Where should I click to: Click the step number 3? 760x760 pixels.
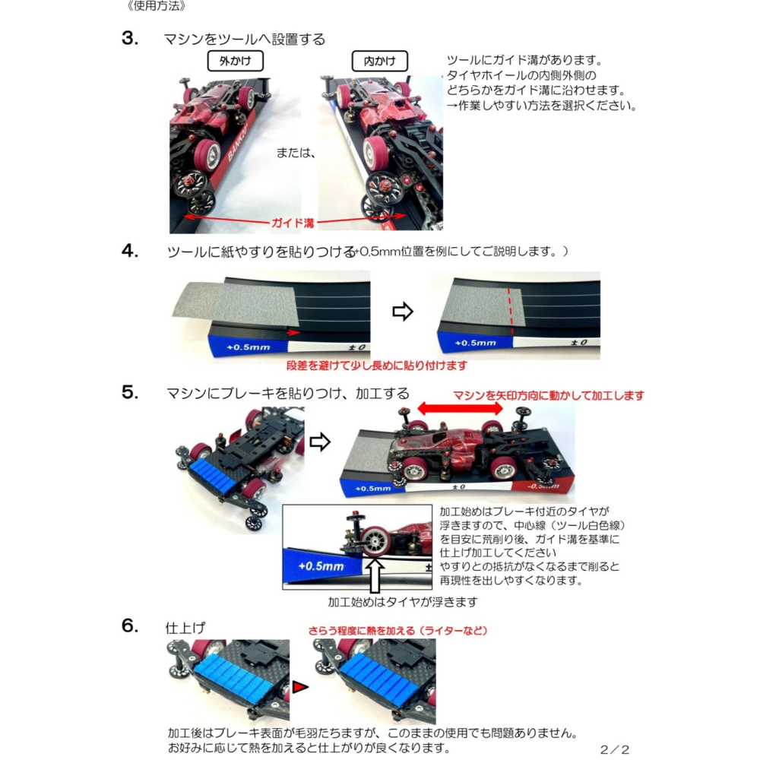click(129, 39)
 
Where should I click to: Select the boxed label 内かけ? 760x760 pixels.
click(379, 61)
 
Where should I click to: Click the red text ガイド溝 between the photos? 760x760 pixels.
click(293, 223)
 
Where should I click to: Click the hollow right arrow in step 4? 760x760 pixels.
click(402, 312)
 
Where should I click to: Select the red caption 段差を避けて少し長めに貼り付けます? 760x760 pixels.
click(377, 366)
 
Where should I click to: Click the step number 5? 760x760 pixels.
click(129, 392)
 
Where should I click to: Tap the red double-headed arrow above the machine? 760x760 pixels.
click(460, 408)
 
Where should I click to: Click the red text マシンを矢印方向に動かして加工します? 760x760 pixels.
click(548, 395)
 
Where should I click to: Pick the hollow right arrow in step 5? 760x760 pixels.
click(321, 442)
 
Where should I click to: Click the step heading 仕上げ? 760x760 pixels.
click(185, 628)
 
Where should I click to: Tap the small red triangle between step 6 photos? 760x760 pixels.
click(300, 687)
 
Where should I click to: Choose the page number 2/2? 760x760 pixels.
click(614, 749)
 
